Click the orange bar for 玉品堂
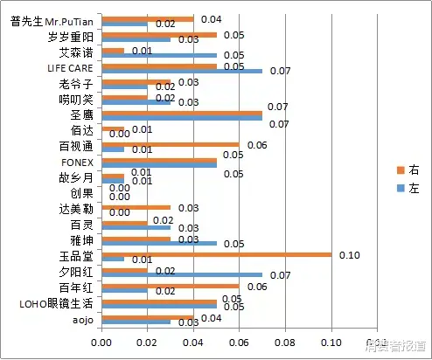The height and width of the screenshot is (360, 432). pos(216,255)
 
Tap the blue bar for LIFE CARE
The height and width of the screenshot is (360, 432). pos(182,71)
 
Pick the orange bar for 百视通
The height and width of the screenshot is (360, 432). pos(170,145)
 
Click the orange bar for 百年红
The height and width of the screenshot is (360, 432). pos(170,287)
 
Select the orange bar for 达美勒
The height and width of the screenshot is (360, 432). pos(136,208)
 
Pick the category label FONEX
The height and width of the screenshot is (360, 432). pos(77,162)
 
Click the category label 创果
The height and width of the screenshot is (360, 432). pos(82,193)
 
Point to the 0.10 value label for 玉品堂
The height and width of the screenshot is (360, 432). pos(350,254)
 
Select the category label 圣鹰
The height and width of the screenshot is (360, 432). pos(82,114)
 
